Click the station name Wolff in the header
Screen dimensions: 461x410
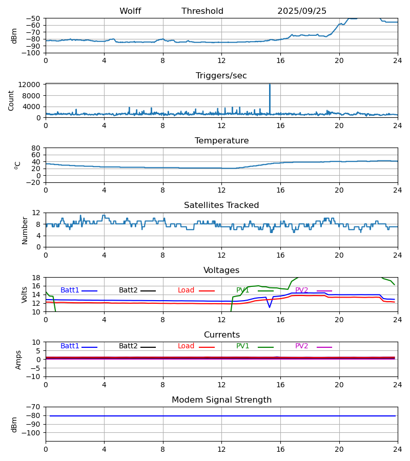(x=130, y=11)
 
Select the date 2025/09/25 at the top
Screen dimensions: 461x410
(x=302, y=11)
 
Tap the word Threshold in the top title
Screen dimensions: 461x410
(x=202, y=11)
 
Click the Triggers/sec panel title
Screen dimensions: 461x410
(x=221, y=76)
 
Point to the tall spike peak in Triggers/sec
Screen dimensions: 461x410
(x=270, y=85)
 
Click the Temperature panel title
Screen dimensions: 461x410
(x=221, y=141)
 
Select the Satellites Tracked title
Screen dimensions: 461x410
(x=221, y=205)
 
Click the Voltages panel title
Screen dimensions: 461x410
(x=221, y=270)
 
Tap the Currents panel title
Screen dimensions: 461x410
(x=221, y=335)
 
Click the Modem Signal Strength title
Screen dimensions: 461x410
(x=221, y=400)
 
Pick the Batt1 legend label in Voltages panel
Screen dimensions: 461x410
(x=70, y=290)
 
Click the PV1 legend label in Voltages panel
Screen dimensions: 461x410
(x=243, y=290)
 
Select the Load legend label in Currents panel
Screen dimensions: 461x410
(x=186, y=346)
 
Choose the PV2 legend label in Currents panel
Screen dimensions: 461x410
(x=301, y=346)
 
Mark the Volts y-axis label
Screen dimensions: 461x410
(x=25, y=295)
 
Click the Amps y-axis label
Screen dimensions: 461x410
(x=19, y=360)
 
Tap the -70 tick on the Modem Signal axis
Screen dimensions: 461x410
(x=34, y=407)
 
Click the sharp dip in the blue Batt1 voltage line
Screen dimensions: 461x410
(x=270, y=307)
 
